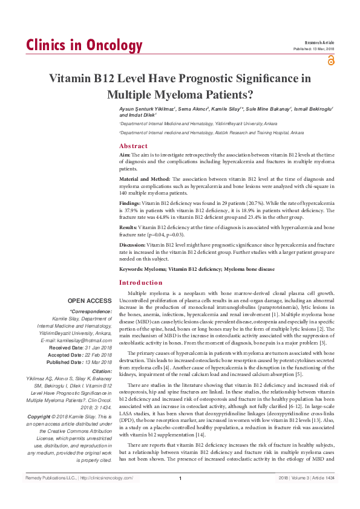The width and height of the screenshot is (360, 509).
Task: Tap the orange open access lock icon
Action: point(330,60)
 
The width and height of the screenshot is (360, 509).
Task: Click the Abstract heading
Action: point(133,146)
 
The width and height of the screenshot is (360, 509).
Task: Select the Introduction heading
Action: point(141,282)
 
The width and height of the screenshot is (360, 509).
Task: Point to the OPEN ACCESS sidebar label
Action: point(90,300)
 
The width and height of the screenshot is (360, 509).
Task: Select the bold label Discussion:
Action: point(133,244)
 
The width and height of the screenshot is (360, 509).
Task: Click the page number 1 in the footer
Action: point(180,496)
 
